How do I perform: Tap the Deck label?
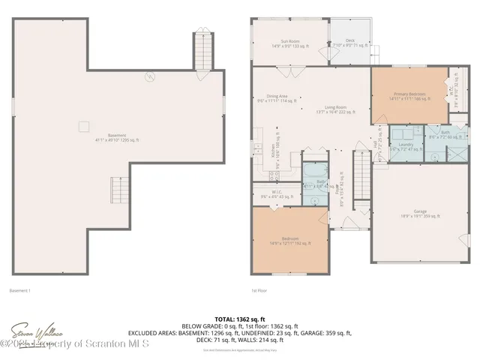click(x=349, y=43)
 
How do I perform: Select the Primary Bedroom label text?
click(x=409, y=96)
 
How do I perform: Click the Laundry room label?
click(x=406, y=146)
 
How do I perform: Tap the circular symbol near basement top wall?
click(x=149, y=76)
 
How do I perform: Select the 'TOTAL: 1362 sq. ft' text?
click(x=239, y=319)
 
